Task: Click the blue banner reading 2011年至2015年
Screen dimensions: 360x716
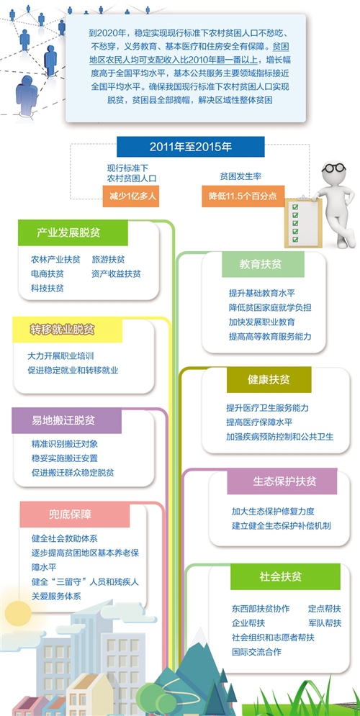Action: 191,147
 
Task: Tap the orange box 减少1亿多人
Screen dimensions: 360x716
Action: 130,196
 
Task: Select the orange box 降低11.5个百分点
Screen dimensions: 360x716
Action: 243,196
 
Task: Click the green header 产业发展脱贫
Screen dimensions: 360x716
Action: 73,232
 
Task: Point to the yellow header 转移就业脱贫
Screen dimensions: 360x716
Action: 68,330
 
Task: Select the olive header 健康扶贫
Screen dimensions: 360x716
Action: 269,380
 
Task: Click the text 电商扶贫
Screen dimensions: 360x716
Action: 47,274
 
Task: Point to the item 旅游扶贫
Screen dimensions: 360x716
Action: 108,259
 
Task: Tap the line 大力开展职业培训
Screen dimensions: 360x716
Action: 60,355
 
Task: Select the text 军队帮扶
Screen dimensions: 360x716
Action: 325,623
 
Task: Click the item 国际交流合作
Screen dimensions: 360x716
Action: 256,652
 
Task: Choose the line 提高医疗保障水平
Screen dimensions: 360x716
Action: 259,422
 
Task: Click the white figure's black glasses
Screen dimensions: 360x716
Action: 333,168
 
